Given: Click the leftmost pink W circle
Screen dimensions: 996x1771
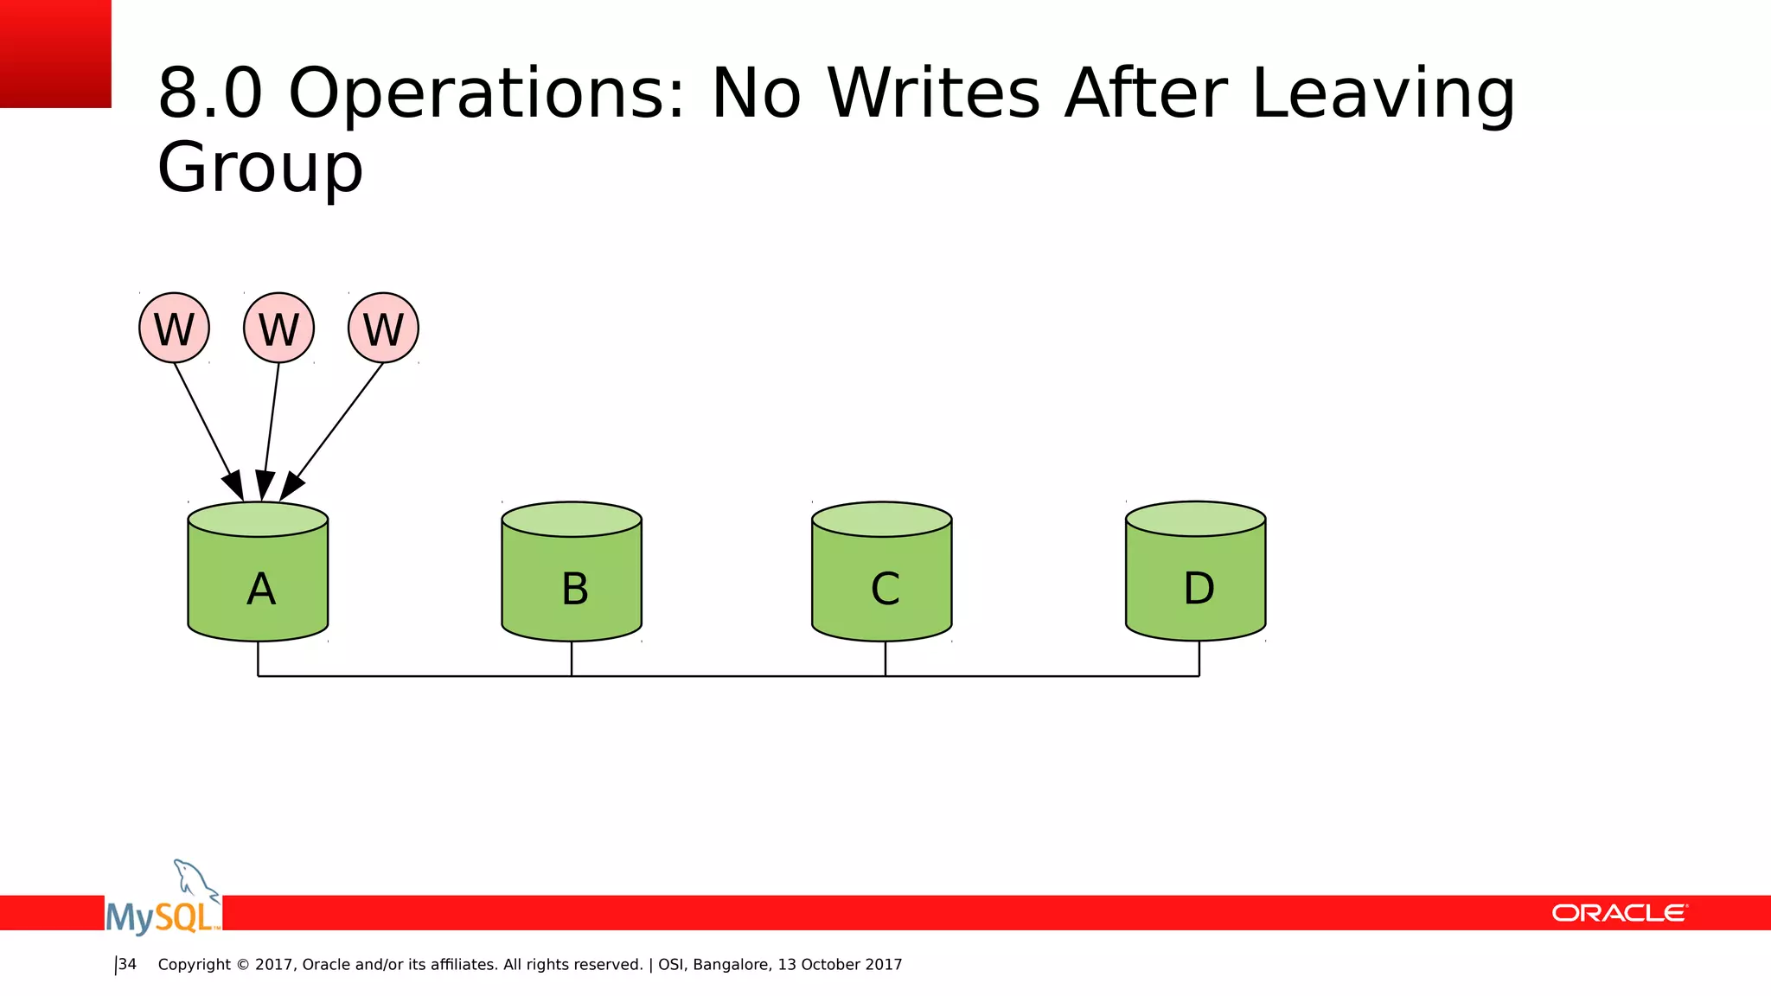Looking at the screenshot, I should coord(174,329).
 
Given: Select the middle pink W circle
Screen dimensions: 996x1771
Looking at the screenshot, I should coord(278,329).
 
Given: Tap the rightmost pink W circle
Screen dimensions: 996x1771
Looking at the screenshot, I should coord(383,329).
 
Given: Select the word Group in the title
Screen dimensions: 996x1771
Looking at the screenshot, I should coord(259,168).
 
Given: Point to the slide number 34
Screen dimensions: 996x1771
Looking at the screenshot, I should coord(127,964).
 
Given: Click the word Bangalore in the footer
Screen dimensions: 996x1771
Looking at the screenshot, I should coord(731,965).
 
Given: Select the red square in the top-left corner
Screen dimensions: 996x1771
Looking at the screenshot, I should coord(55,54).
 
